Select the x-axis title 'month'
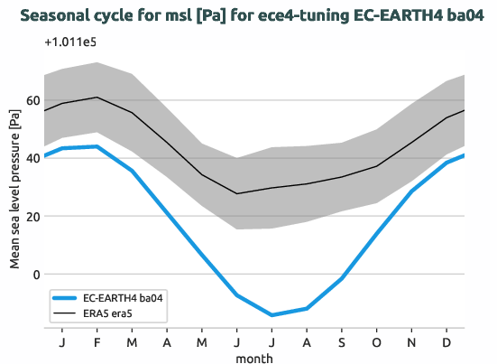(x=254, y=358)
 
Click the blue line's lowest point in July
(x=272, y=315)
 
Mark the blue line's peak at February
(x=97, y=146)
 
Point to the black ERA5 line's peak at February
(x=97, y=97)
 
